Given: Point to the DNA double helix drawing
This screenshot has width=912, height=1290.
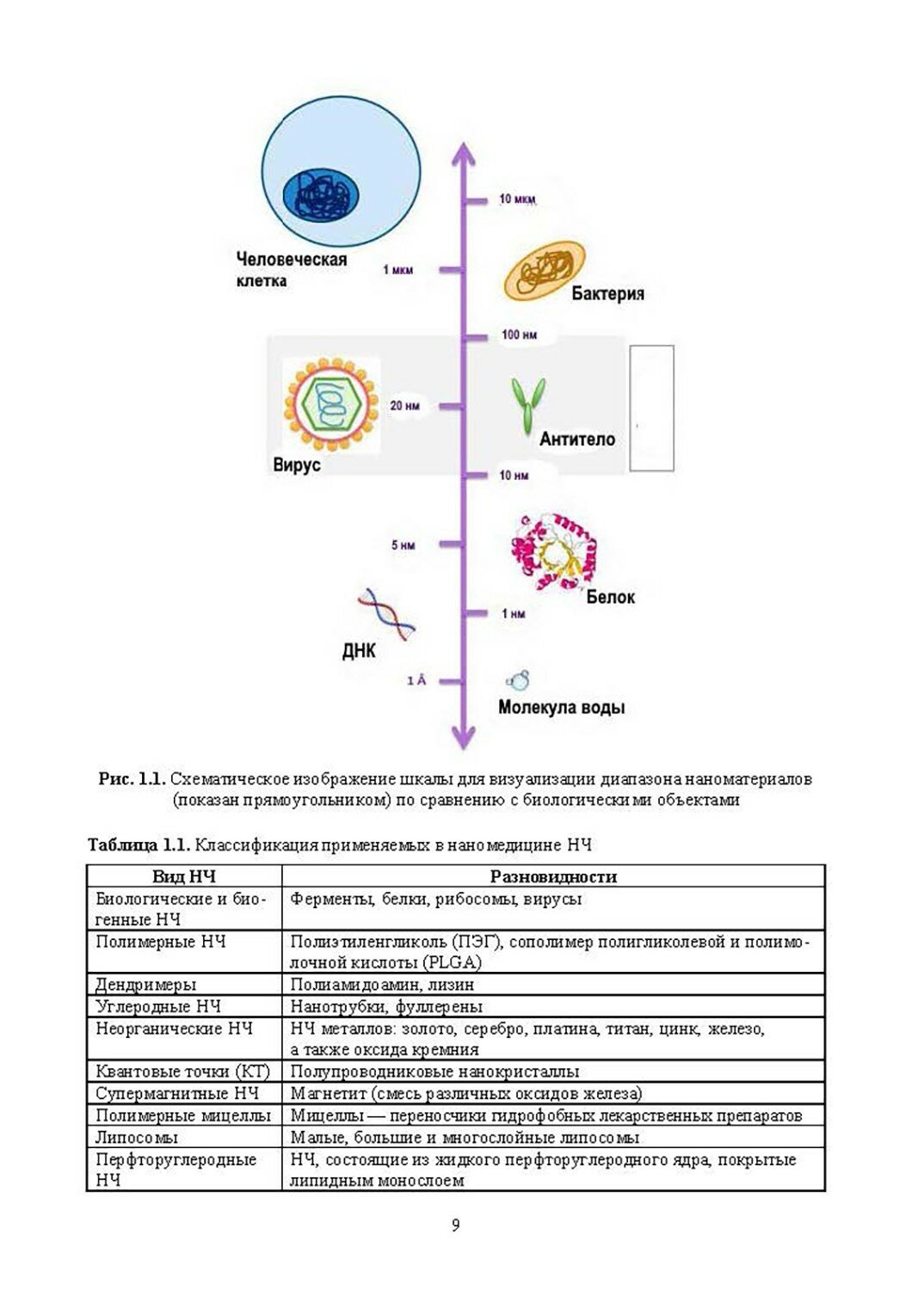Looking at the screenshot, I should click(387, 613).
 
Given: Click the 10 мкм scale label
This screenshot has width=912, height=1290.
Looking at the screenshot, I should click(518, 200).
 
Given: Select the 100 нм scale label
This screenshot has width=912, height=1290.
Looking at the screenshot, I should click(519, 335).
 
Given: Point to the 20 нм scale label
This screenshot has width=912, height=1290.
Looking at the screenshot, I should click(404, 406).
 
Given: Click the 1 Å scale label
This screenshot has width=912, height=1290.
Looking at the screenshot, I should click(416, 681).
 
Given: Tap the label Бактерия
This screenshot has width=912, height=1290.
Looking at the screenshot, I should click(607, 294).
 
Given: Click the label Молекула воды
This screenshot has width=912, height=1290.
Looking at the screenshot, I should click(561, 708).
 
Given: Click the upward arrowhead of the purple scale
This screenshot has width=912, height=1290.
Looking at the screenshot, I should click(464, 153).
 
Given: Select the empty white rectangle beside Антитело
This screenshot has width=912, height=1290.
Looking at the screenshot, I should click(651, 408).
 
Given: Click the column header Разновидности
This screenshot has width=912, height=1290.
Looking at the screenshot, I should click(553, 877).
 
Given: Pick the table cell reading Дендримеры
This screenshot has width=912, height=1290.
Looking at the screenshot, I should click(145, 985).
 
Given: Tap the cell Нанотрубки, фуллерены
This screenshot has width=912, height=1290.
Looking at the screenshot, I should click(386, 1006).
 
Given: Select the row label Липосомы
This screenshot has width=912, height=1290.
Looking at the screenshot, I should click(137, 1137).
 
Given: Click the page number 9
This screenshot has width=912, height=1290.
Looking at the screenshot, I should click(455, 1225).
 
